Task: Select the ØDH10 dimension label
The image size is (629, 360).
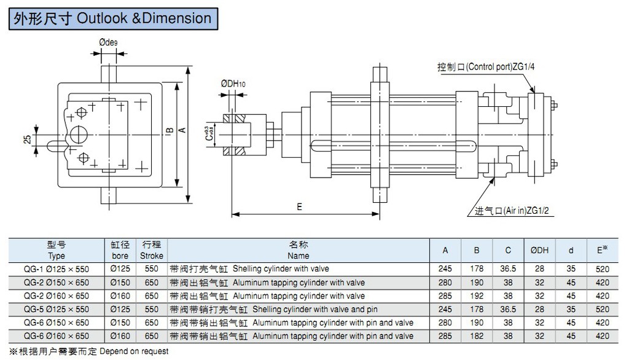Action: [233, 83]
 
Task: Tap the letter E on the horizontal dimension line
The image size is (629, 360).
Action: [300, 207]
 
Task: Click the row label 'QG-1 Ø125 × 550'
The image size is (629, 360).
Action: [56, 269]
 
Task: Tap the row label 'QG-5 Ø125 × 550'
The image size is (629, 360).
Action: [56, 310]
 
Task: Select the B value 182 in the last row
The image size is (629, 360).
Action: [476, 337]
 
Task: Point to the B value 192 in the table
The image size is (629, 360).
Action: [476, 296]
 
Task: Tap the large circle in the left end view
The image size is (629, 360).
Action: [78, 133]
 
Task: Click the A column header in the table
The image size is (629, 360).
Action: [445, 250]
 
